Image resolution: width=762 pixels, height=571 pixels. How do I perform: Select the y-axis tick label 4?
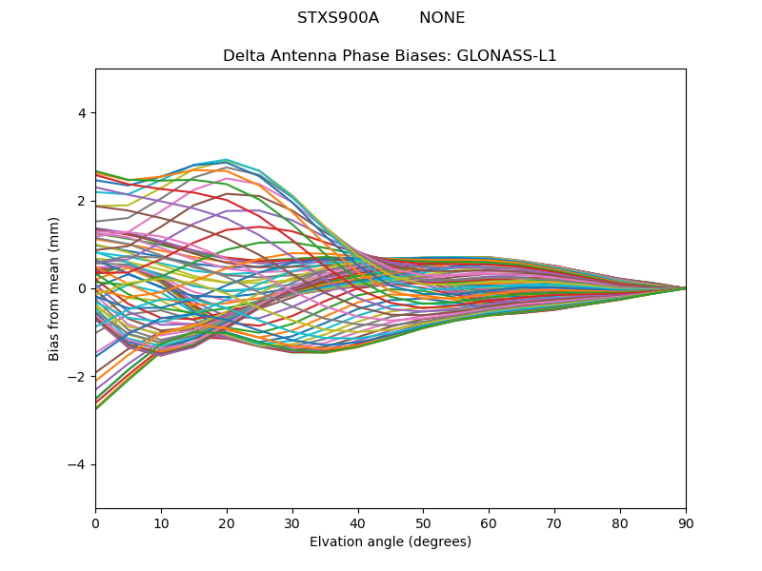tap(81, 112)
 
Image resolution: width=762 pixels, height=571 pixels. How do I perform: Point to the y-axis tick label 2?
tap(81, 201)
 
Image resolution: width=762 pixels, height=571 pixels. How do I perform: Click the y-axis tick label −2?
tap(77, 376)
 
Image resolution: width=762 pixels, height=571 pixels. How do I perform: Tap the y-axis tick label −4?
tap(77, 464)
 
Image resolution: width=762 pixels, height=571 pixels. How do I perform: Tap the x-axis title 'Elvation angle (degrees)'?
tap(391, 541)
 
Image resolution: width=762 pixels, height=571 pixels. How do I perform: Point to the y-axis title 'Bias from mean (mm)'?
tap(55, 288)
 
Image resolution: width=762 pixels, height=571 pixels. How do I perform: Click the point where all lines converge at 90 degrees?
tap(685, 288)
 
